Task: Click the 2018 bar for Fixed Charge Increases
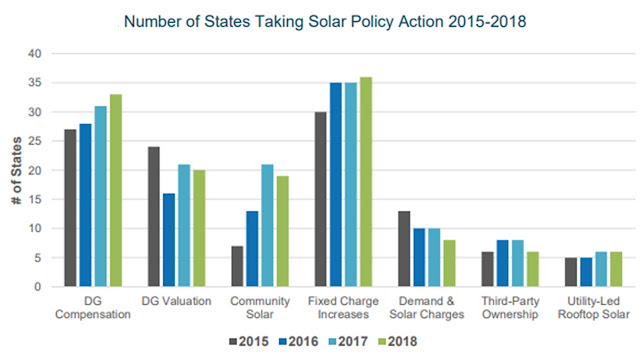pos(366,182)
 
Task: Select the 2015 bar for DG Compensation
pos(70,208)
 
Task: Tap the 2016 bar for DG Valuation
pos(169,240)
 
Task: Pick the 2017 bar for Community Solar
pos(267,225)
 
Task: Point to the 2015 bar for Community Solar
pos(237,266)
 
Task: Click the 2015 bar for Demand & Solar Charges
pos(404,249)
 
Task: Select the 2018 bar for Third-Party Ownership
pos(533,269)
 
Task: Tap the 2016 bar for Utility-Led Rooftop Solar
pos(586,272)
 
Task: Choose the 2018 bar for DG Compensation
pos(116,191)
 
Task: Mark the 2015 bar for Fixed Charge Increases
pos(320,199)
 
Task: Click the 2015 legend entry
pos(249,342)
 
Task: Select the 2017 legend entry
pos(348,342)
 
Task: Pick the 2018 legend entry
pos(398,342)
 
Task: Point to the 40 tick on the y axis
pos(35,53)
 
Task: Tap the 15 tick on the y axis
pos(35,200)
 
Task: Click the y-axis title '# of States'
pos(17,171)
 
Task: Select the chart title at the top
pos(325,21)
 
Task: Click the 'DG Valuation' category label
pos(176,301)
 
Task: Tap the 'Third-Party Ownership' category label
pos(510,308)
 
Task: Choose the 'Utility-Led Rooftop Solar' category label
pos(594,308)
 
